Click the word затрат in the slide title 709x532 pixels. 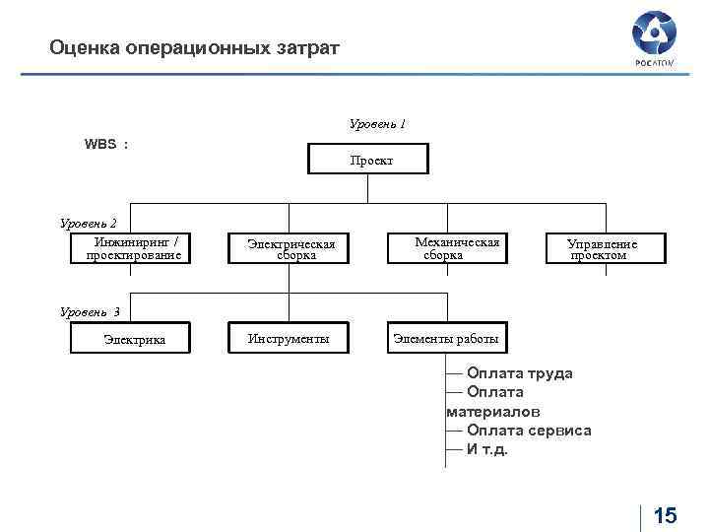tap(304, 47)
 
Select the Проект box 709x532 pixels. tap(369, 160)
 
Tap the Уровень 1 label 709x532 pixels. tap(377, 125)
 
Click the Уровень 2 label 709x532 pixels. tap(89, 224)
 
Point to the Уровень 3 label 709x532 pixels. tap(90, 312)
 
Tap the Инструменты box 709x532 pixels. tap(290, 339)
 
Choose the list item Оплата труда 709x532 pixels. tap(519, 373)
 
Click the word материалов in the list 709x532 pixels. tap(493, 412)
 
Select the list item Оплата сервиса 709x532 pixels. tap(529, 431)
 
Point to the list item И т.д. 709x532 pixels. tap(487, 449)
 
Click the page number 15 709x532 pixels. tap(665, 515)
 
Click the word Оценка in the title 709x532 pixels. tap(85, 47)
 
